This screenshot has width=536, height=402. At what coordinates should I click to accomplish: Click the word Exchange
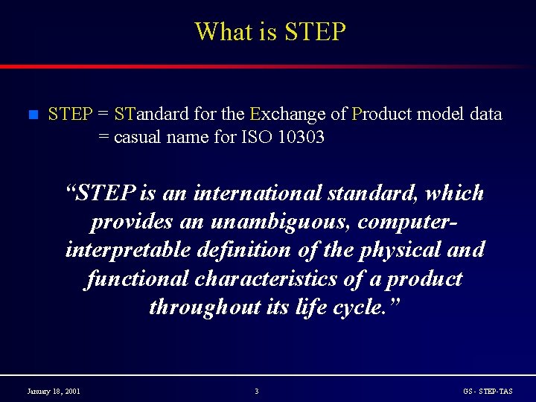pyautogui.click(x=287, y=115)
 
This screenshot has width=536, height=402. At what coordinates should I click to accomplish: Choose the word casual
pyautogui.click(x=139, y=138)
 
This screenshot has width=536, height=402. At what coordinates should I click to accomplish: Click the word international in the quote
pyautogui.click(x=258, y=194)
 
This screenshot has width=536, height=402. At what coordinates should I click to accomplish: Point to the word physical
pyautogui.click(x=399, y=250)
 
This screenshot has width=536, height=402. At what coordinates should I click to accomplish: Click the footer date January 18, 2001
pyautogui.click(x=54, y=392)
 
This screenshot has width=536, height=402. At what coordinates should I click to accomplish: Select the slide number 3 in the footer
pyautogui.click(x=257, y=392)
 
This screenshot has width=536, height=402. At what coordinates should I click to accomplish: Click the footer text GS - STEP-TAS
pyautogui.click(x=488, y=392)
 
